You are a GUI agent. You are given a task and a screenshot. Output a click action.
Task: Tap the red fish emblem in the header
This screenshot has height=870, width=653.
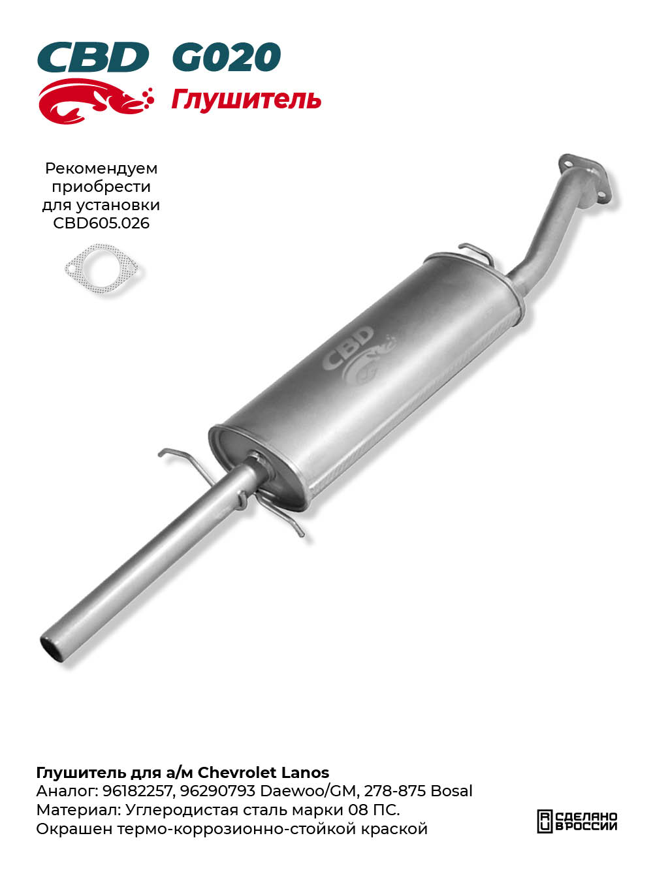pos(96,101)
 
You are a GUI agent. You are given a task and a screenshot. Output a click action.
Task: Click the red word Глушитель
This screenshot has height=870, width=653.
pos(246,99)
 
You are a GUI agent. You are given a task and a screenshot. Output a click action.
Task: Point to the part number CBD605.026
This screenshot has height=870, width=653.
pos(101,223)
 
